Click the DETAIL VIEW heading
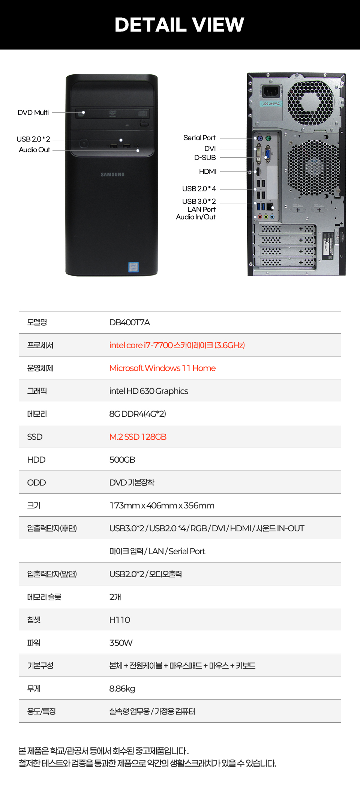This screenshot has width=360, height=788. coord(179,25)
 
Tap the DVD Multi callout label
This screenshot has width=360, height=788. coord(33,113)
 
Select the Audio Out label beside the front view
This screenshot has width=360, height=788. coord(34,150)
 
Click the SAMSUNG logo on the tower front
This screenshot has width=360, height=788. coord(112,174)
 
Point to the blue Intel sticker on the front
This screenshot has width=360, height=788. coord(133,267)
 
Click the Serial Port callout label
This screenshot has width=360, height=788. coord(199,138)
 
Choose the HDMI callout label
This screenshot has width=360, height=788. coord(208,171)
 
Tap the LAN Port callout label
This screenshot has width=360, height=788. coord(202,209)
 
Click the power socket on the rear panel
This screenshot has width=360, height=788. coord(271,91)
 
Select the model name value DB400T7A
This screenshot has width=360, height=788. coord(130,322)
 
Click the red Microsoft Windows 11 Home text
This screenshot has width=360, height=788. coord(162,368)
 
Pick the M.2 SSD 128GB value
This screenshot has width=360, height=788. coord(138,437)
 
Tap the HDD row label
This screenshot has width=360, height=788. coord(36,460)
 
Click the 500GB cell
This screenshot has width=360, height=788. coord(122,460)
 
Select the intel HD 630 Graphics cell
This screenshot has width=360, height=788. coord(149,391)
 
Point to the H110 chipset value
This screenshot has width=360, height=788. coord(120,620)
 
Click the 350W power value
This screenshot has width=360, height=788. coord(121,643)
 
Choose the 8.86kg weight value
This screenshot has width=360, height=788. coord(122,689)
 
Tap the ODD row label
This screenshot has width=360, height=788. coord(36,483)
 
